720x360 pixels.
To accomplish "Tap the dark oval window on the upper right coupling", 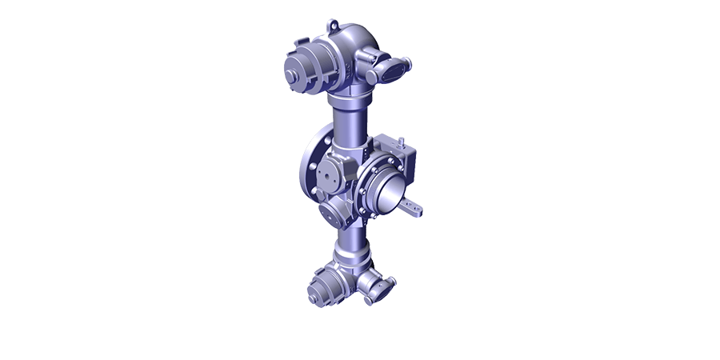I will [x=390, y=70].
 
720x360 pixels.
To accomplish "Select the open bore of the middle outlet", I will [x=386, y=191].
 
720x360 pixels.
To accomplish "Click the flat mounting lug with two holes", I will [x=414, y=210].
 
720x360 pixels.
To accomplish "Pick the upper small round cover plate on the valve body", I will [x=328, y=174].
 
